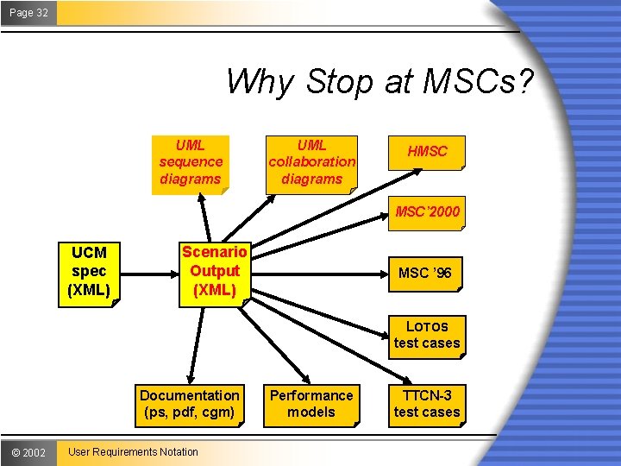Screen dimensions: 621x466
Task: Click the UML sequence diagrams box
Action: click(191, 161)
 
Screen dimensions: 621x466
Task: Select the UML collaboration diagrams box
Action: click(311, 161)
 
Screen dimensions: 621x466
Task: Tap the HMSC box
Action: click(427, 152)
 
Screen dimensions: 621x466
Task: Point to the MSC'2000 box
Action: click(427, 211)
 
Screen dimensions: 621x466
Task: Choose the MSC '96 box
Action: click(424, 274)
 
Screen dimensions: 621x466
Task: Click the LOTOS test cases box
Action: click(427, 335)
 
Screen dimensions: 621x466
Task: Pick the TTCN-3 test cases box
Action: click(427, 404)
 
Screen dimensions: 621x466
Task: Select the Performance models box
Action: click(311, 404)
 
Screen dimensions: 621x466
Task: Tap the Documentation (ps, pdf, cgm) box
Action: click(189, 404)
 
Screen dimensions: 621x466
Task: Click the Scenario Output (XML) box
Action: click(215, 271)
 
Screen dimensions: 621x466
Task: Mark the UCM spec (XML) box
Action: click(89, 271)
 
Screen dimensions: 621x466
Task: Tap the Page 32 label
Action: click(28, 12)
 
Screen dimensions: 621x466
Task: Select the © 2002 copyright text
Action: click(28, 452)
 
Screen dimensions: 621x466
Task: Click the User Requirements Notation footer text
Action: click(133, 452)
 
